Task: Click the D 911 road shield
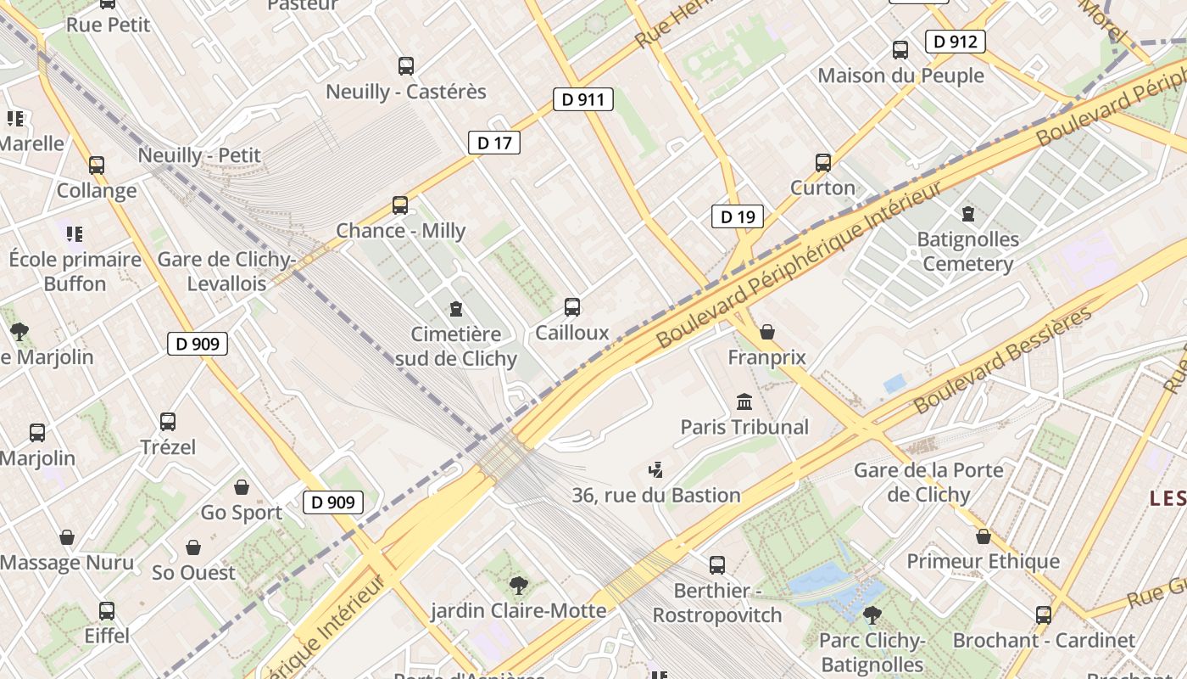(x=583, y=99)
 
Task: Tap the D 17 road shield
(x=494, y=143)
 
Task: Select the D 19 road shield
(x=737, y=216)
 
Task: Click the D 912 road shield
(x=956, y=41)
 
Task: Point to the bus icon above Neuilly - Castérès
(x=406, y=65)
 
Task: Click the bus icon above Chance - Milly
(x=400, y=205)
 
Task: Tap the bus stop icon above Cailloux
(x=572, y=306)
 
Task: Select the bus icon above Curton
(x=822, y=162)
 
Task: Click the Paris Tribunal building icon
(x=744, y=401)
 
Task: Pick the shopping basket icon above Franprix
(x=767, y=331)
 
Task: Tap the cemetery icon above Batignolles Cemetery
(x=967, y=213)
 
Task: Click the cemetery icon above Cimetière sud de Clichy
(x=456, y=308)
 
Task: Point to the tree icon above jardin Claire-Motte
(x=518, y=584)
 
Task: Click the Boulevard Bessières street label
(x=1004, y=360)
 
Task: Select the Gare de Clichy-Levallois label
(x=226, y=271)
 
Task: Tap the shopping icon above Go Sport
(x=242, y=487)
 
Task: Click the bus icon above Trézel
(x=168, y=421)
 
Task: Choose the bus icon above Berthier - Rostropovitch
(x=717, y=564)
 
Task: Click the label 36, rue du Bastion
(x=656, y=495)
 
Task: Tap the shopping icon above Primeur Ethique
(x=983, y=536)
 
